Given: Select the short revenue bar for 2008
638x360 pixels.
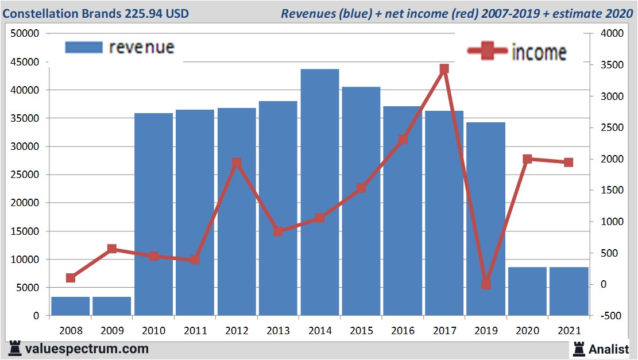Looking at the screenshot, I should (71, 306).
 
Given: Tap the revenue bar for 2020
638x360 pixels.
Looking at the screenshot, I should (527, 291).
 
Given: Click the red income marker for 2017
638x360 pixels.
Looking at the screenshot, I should (444, 69).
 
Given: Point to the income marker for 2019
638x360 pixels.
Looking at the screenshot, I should (486, 284).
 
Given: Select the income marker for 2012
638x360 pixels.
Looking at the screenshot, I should (237, 163).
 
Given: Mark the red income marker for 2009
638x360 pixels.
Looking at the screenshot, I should (112, 249).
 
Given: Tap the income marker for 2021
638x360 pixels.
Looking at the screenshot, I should (569, 162).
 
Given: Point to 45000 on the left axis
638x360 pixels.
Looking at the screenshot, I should (25, 62).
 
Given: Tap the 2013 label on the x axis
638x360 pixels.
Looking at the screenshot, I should (278, 331).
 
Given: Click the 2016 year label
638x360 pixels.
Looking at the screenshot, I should (403, 331).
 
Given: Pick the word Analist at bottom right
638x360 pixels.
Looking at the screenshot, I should (609, 349).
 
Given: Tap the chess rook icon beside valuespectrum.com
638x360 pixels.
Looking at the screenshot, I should (15, 349).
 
